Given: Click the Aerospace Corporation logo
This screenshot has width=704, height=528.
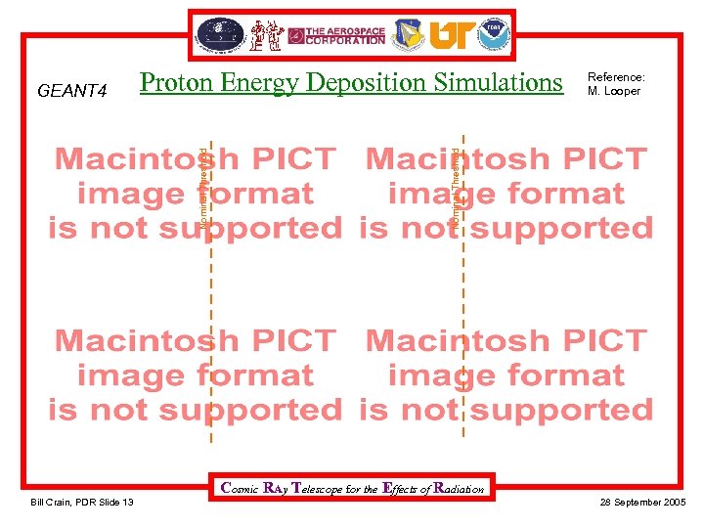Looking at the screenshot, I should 345,35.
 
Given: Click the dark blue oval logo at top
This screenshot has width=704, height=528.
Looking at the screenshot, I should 220,35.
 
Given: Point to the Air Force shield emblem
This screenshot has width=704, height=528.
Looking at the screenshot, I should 409,35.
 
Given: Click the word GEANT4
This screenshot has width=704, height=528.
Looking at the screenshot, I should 70,92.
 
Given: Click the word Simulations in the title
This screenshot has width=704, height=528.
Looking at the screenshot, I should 502,83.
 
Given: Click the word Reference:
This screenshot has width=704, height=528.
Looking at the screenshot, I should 616,77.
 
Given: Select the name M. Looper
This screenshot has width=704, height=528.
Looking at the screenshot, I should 614,91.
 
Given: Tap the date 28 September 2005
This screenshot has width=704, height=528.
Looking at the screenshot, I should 642,502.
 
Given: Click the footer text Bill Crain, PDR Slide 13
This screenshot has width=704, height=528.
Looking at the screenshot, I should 82,502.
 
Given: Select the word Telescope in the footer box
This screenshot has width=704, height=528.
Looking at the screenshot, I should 320,488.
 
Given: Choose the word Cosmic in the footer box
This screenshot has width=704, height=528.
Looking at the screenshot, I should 241,488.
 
